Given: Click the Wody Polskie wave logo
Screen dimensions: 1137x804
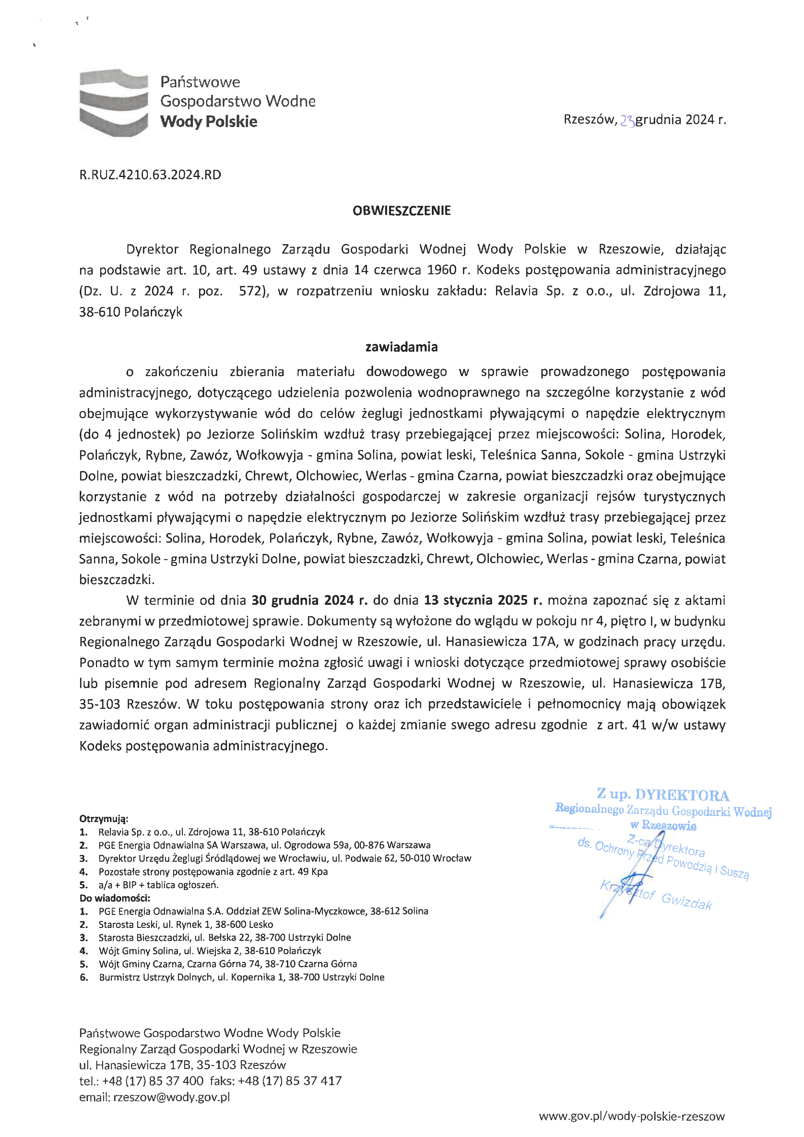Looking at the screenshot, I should pyautogui.click(x=114, y=103).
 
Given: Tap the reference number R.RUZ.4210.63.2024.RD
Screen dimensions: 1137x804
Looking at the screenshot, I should pyautogui.click(x=150, y=175).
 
